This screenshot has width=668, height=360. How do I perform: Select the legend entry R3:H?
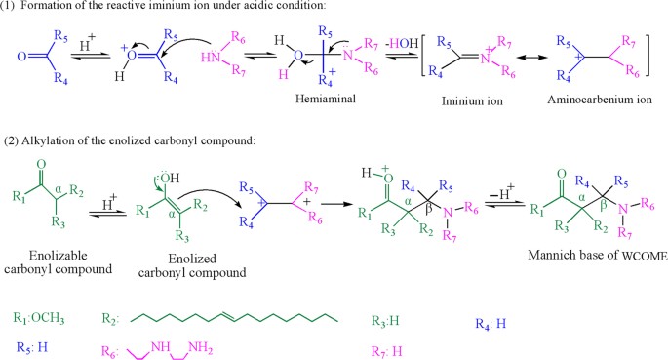(388, 318)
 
